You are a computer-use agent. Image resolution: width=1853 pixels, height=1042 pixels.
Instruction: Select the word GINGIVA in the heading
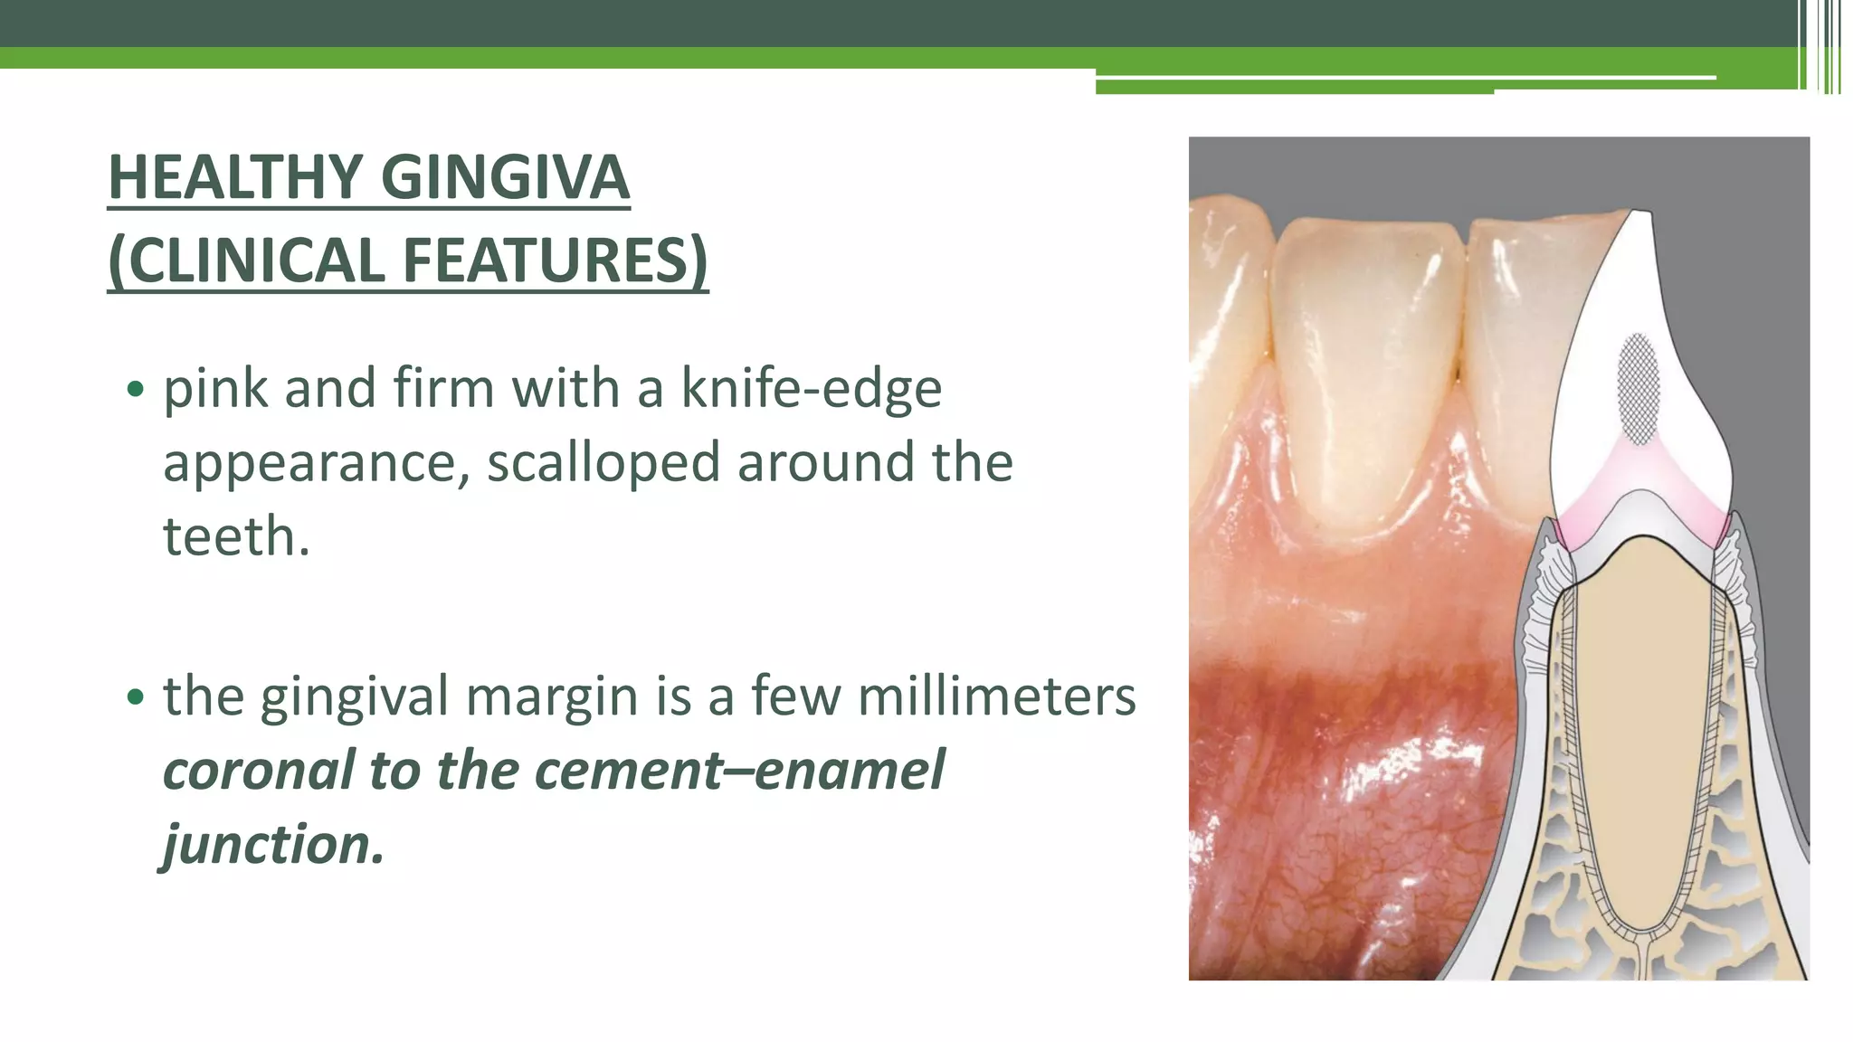[x=505, y=177]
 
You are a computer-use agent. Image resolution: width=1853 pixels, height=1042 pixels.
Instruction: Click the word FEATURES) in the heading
[x=555, y=260]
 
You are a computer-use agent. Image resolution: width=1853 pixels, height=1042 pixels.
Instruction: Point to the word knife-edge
[x=811, y=389]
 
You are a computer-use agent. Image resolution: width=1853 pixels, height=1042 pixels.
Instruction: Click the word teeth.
[x=236, y=536]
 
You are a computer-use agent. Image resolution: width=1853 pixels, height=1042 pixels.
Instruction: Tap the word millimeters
[x=996, y=696]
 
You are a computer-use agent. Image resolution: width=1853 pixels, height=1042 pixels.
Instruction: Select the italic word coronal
[x=258, y=771]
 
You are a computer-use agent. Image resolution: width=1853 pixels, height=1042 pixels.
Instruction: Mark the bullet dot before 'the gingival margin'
[x=135, y=697]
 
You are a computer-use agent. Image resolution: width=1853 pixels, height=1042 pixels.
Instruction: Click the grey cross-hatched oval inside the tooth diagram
[x=1639, y=389]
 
